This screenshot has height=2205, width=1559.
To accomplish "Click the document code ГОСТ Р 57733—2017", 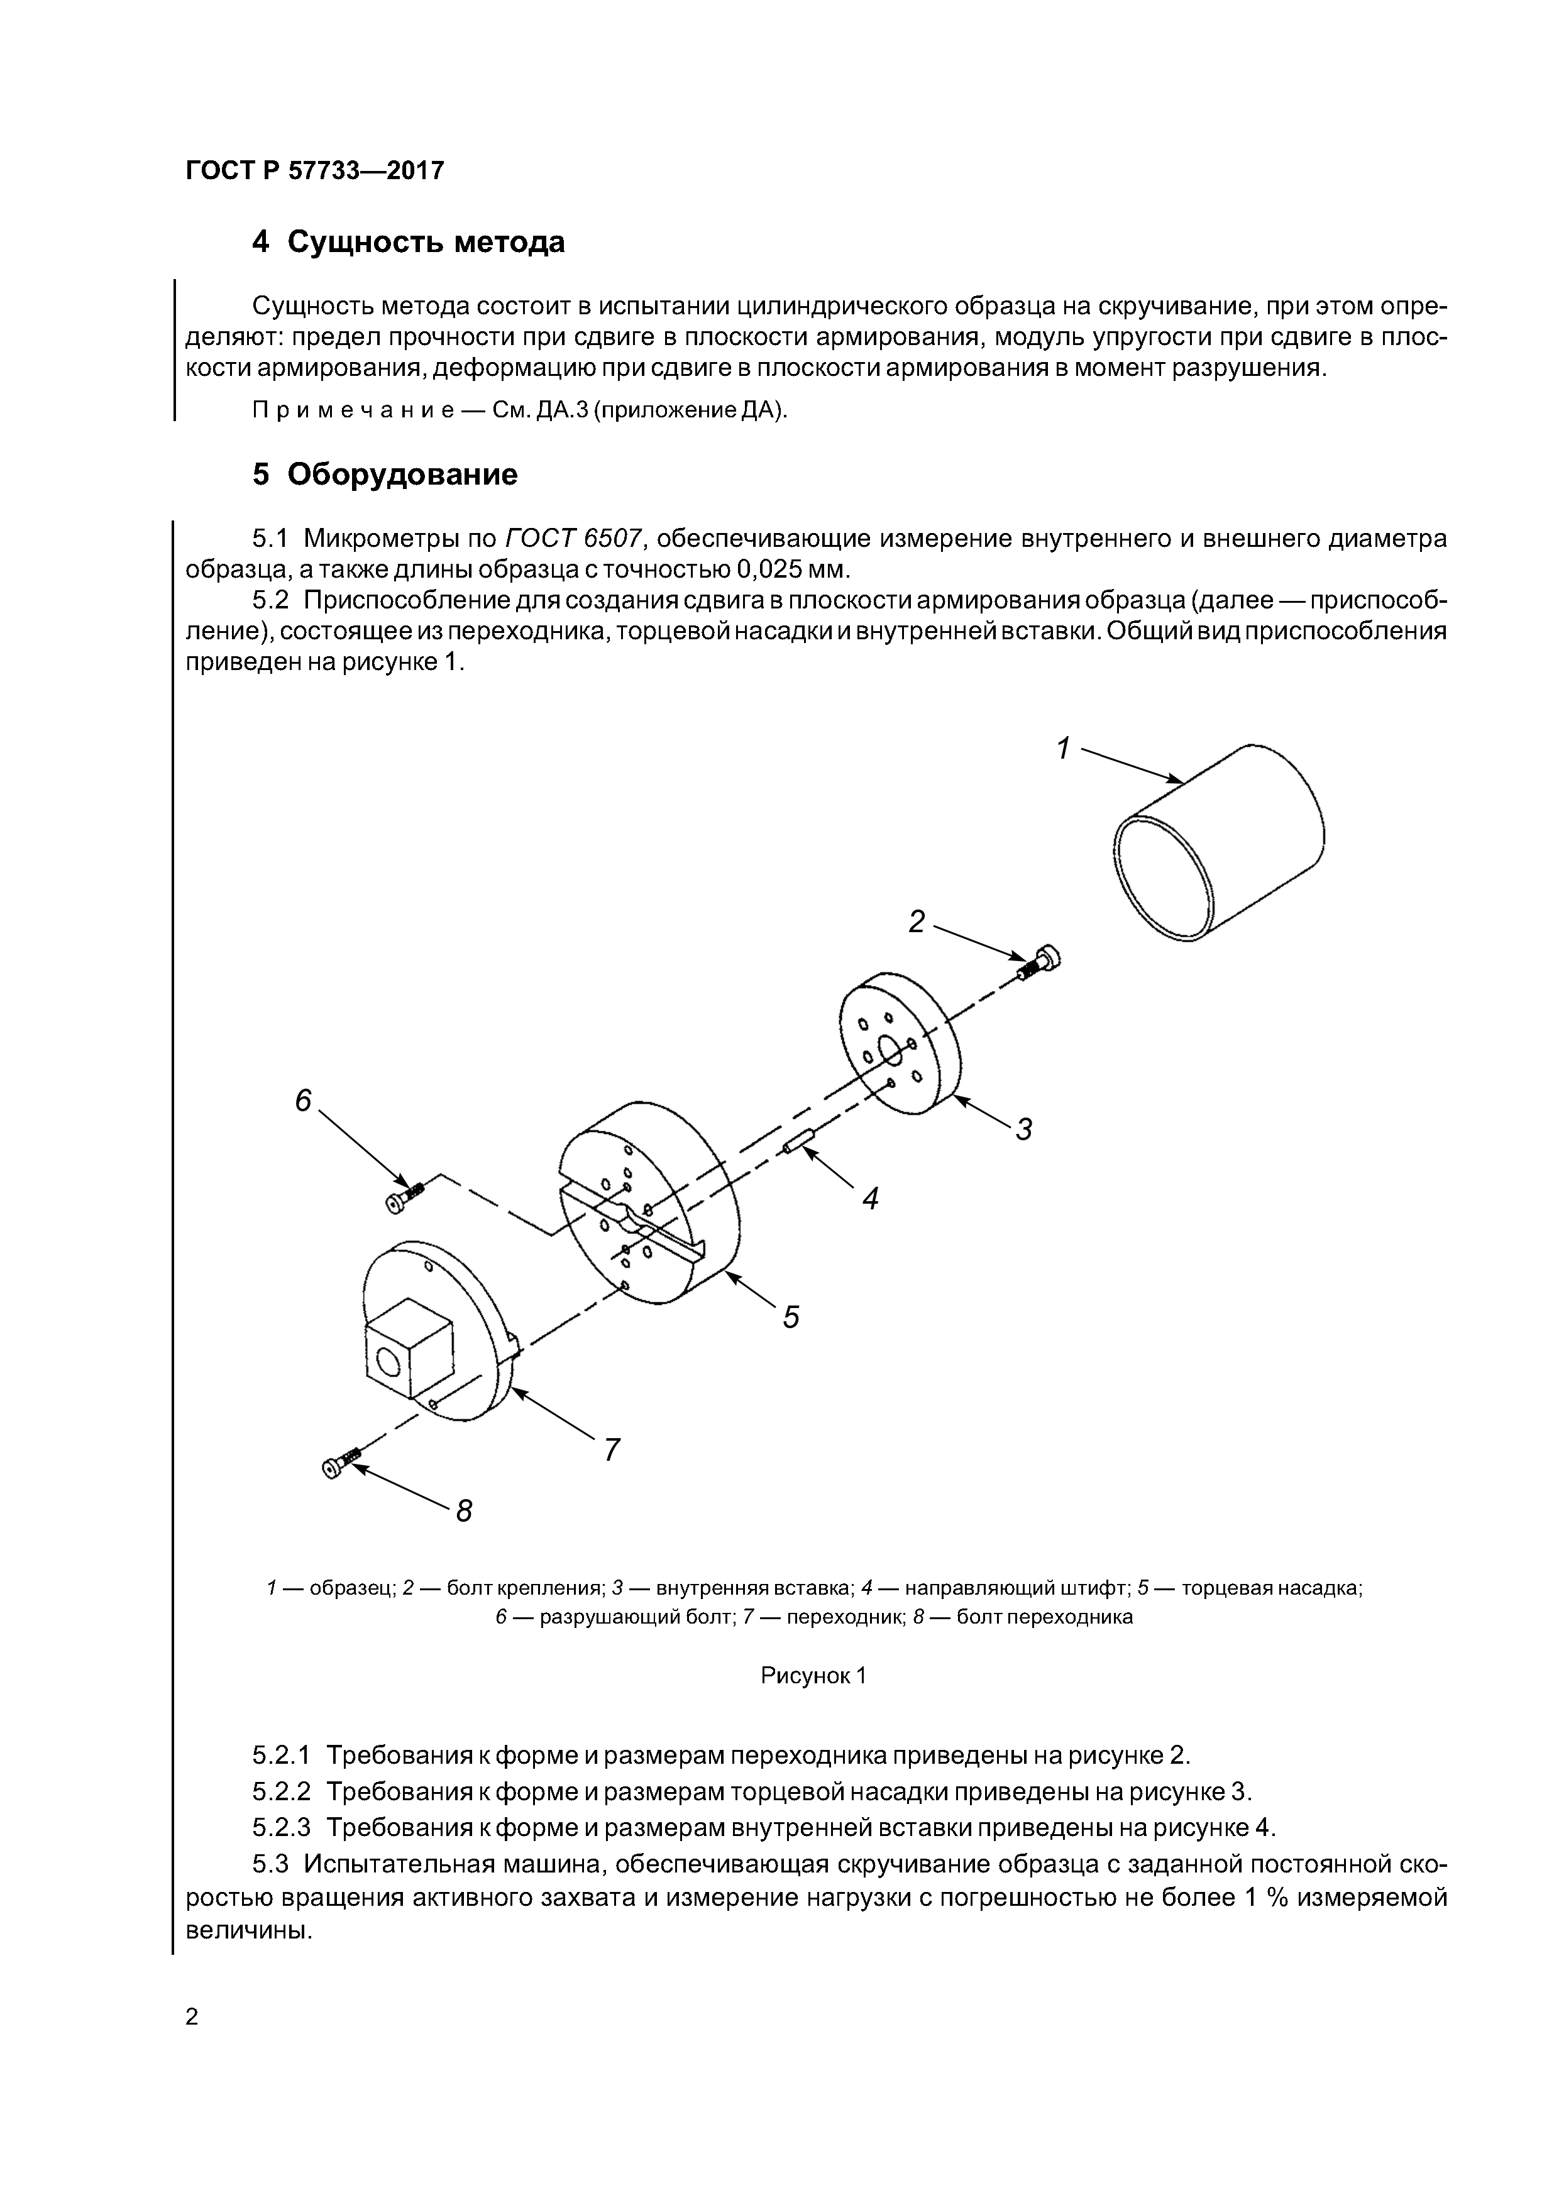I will click(x=314, y=171).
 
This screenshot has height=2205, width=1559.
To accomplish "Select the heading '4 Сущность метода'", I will click(x=407, y=242).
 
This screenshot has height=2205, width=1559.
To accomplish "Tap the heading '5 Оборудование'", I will click(x=384, y=475).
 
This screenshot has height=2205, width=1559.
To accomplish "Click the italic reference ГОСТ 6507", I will click(x=573, y=539).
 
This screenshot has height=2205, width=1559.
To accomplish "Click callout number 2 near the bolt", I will click(x=917, y=923).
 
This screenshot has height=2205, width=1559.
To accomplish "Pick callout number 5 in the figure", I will click(x=791, y=1317).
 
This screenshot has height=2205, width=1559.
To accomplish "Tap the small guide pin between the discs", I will click(x=798, y=1142).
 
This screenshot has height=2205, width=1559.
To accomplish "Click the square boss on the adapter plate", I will click(x=407, y=1346).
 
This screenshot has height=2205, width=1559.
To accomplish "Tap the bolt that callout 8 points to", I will click(x=341, y=1465).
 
